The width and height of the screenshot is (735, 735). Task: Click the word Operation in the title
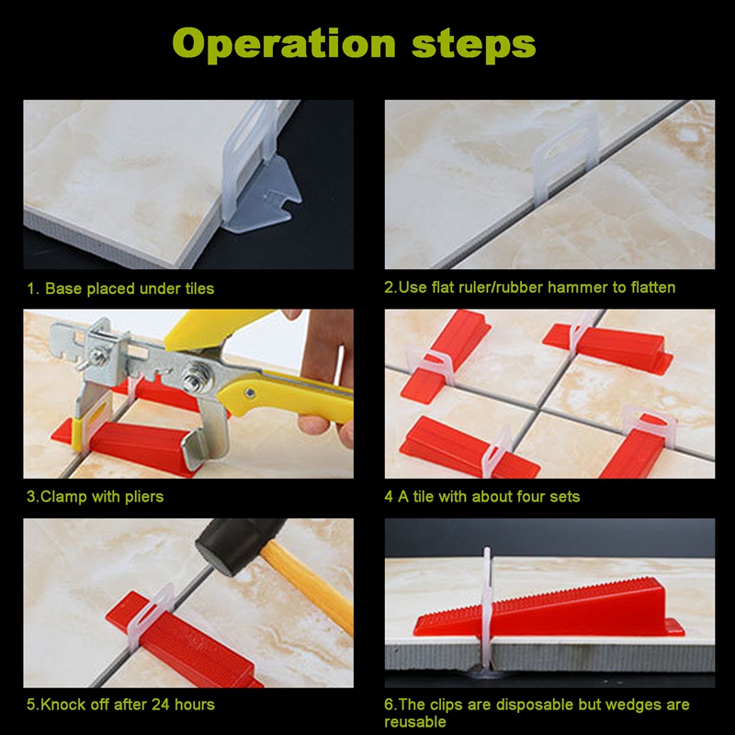pyautogui.click(x=285, y=44)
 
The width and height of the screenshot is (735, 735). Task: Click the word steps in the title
pyautogui.click(x=473, y=44)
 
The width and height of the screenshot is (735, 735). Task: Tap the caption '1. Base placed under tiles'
pyautogui.click(x=120, y=288)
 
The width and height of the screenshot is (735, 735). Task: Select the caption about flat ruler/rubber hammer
pyautogui.click(x=530, y=288)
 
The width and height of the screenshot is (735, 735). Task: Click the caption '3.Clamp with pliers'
pyautogui.click(x=96, y=497)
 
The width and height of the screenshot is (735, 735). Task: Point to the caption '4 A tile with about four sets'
pyautogui.click(x=481, y=497)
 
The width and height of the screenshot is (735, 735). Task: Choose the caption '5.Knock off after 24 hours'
pyautogui.click(x=120, y=705)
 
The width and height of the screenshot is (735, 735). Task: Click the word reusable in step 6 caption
pyautogui.click(x=415, y=722)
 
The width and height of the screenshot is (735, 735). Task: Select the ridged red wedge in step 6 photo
pyautogui.click(x=548, y=609)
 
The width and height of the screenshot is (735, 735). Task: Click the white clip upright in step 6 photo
pyautogui.click(x=488, y=609)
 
